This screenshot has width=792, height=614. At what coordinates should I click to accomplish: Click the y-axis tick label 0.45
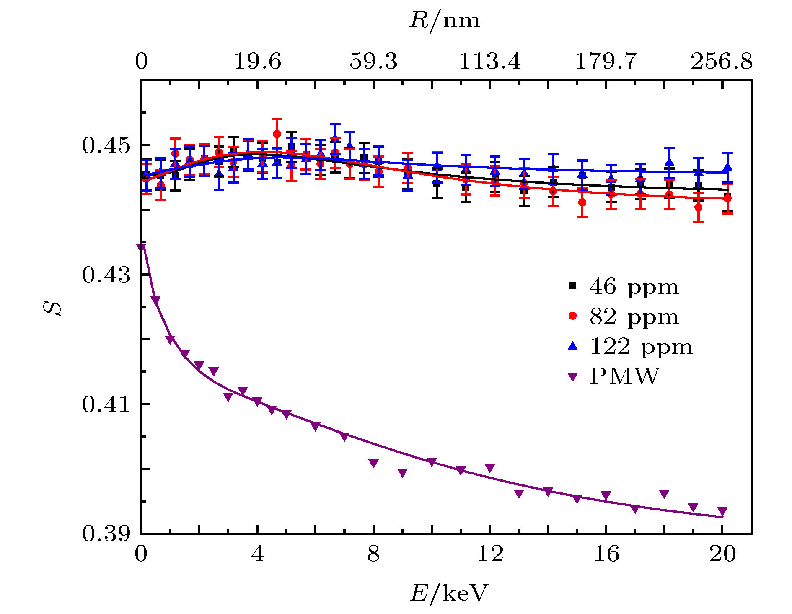[106, 145]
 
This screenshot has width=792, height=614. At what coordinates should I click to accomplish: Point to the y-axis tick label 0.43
[106, 275]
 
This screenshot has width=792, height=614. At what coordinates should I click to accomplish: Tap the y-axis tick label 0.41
[106, 404]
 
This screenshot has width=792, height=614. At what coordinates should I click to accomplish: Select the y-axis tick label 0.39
[106, 534]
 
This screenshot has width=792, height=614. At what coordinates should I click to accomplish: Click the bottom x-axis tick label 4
[257, 554]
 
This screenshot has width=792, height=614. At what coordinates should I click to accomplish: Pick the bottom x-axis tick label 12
[490, 554]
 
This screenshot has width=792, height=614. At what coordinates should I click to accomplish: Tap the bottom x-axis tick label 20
[722, 554]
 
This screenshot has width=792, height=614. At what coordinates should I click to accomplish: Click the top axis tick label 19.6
[257, 62]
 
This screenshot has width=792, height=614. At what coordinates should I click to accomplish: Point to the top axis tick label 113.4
[490, 62]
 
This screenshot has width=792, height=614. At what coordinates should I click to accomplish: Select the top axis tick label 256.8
[722, 62]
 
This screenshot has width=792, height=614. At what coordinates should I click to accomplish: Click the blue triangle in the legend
[572, 346]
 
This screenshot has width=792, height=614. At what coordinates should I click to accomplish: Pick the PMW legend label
[624, 376]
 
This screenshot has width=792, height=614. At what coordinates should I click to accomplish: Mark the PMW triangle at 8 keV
[374, 463]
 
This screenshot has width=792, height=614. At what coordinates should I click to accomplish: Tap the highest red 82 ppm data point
[277, 134]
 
